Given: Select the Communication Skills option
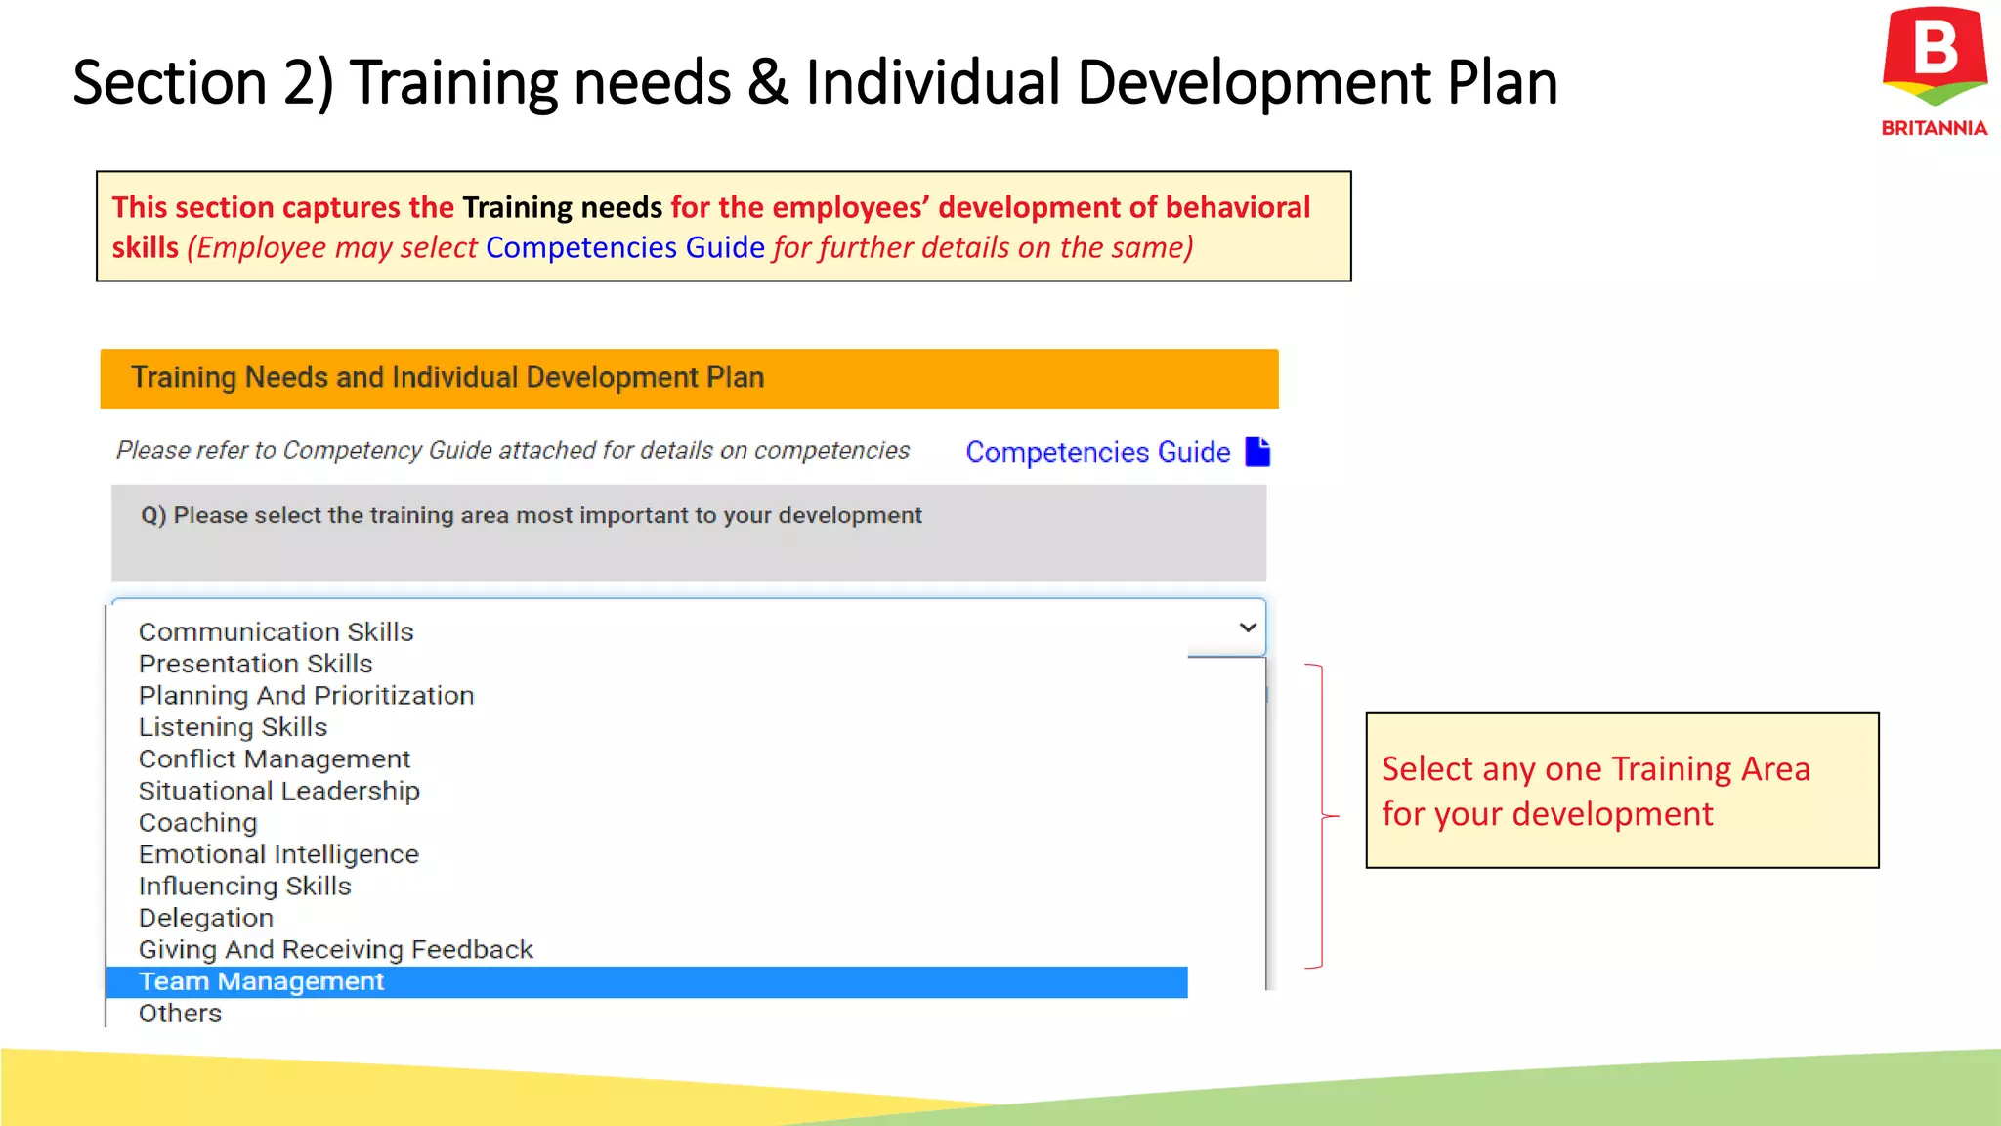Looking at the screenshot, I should pyautogui.click(x=276, y=631).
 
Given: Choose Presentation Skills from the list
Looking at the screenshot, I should pyautogui.click(x=255, y=664).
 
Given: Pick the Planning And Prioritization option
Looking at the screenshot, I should pyautogui.click(x=306, y=695).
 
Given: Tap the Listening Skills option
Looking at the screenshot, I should pyautogui.click(x=233, y=727).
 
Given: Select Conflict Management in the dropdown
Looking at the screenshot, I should pyautogui.click(x=274, y=758).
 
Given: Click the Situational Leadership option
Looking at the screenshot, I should pyautogui.click(x=278, y=791).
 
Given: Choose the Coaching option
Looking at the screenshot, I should pyautogui.click(x=197, y=823).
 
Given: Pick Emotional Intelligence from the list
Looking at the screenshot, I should pyautogui.click(x=278, y=854).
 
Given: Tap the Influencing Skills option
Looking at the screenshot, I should pyautogui.click(x=244, y=886).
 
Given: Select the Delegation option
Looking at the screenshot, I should pyautogui.click(x=205, y=918).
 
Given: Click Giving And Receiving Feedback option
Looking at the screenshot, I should pyautogui.click(x=335, y=949).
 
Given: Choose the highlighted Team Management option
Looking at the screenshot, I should pyautogui.click(x=261, y=981).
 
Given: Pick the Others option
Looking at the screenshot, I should pyautogui.click(x=180, y=1014).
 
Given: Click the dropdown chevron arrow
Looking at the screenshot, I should pyautogui.click(x=1247, y=628).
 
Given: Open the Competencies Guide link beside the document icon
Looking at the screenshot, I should pyautogui.click(x=1097, y=452).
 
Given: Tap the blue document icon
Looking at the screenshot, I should pyautogui.click(x=1257, y=452).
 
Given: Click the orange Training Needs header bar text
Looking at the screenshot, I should pyautogui.click(x=447, y=377).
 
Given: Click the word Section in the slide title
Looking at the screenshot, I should pyautogui.click(x=169, y=82).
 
